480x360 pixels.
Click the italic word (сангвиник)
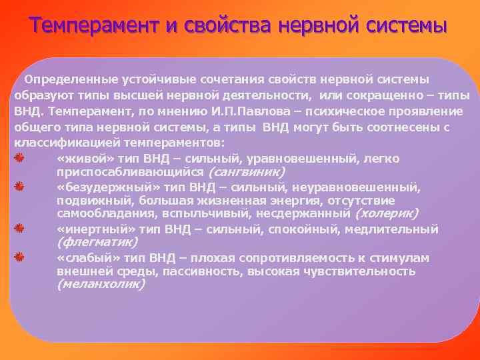(247, 171)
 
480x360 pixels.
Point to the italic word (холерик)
(386, 214)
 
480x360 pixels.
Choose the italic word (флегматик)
(97, 242)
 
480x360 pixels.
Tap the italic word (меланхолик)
(101, 284)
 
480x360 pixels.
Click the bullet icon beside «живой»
(20, 157)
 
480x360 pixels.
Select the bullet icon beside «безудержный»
(20, 186)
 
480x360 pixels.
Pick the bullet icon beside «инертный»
(20, 229)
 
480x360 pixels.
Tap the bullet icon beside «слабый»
(20, 257)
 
